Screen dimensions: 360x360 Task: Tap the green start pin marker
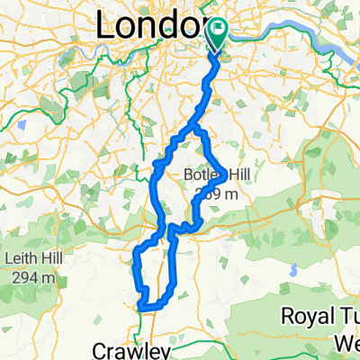click(218, 35)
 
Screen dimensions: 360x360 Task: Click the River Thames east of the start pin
click(270, 36)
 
